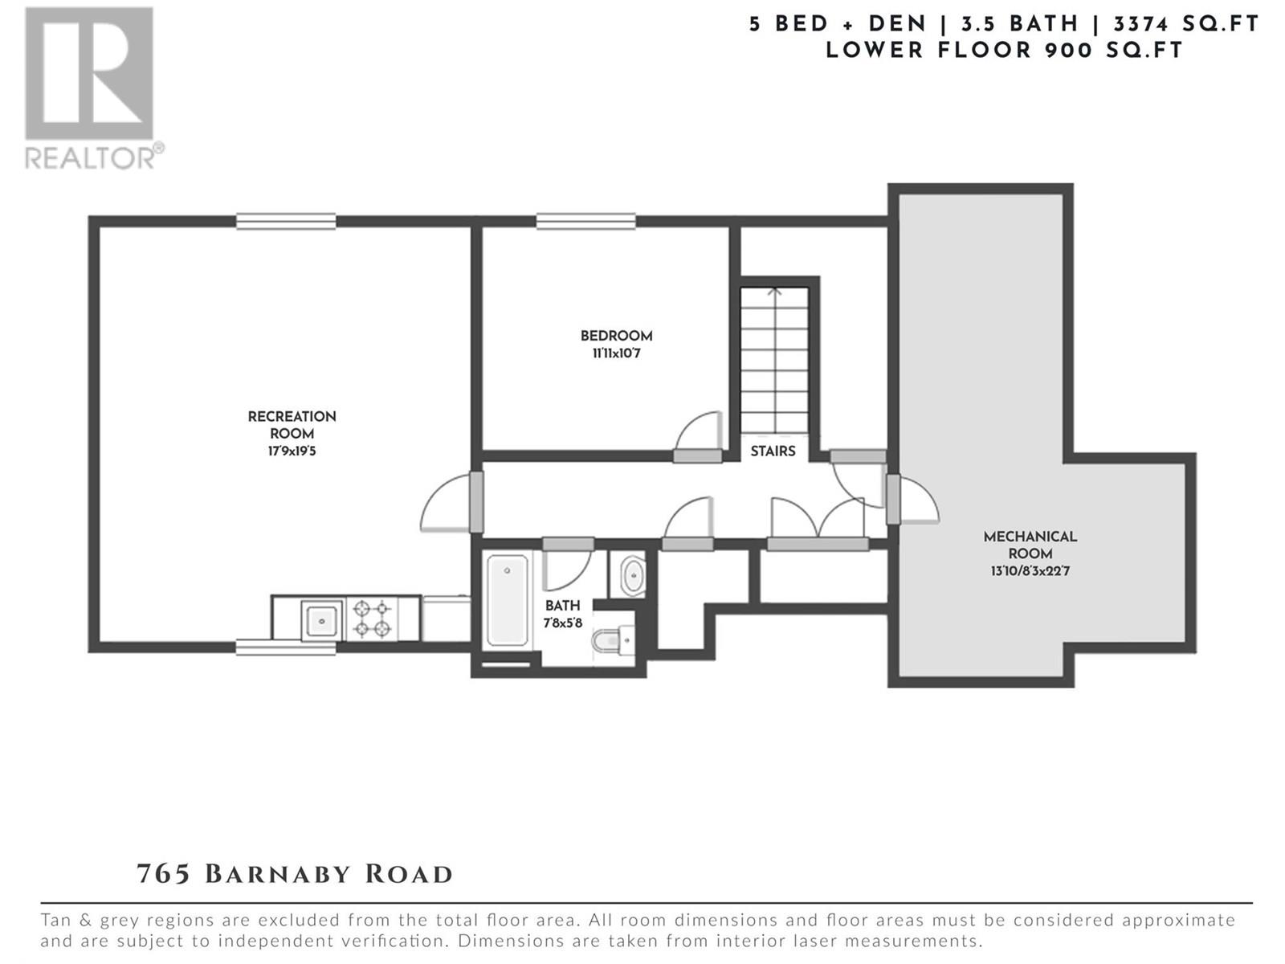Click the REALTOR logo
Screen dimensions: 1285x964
pos(94,88)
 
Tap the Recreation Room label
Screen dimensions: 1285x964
pos(292,425)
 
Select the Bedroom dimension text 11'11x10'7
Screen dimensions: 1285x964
pos(617,353)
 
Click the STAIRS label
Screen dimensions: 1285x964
pos(773,451)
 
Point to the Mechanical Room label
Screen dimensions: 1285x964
pos(1030,545)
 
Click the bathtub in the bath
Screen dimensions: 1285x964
pos(507,600)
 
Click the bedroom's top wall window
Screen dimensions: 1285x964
pos(586,221)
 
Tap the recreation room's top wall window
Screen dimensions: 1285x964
pos(286,221)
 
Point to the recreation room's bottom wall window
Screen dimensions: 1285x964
pos(286,647)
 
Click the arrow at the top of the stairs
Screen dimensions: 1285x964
pos(774,290)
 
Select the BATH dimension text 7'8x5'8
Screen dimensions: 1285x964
pos(563,623)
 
